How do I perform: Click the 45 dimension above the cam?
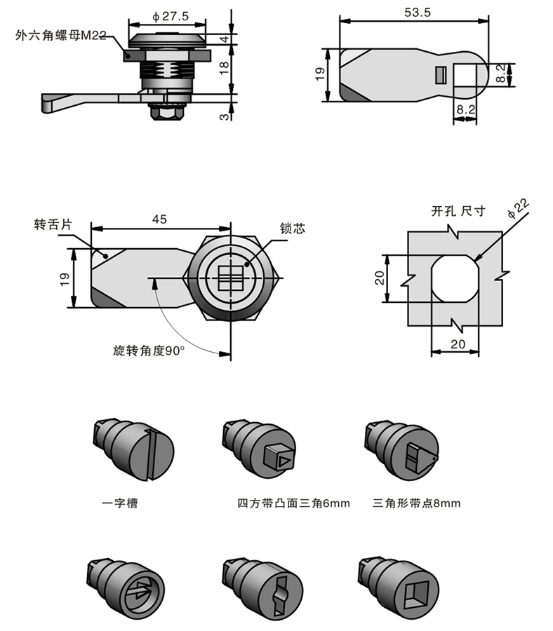(159, 219)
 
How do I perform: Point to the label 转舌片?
(53, 226)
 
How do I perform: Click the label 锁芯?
(293, 229)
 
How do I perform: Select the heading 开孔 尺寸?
(458, 211)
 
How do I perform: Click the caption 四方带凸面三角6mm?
(293, 503)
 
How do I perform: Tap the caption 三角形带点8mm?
(417, 503)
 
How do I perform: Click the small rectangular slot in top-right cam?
(441, 74)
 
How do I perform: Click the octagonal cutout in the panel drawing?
(455, 278)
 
